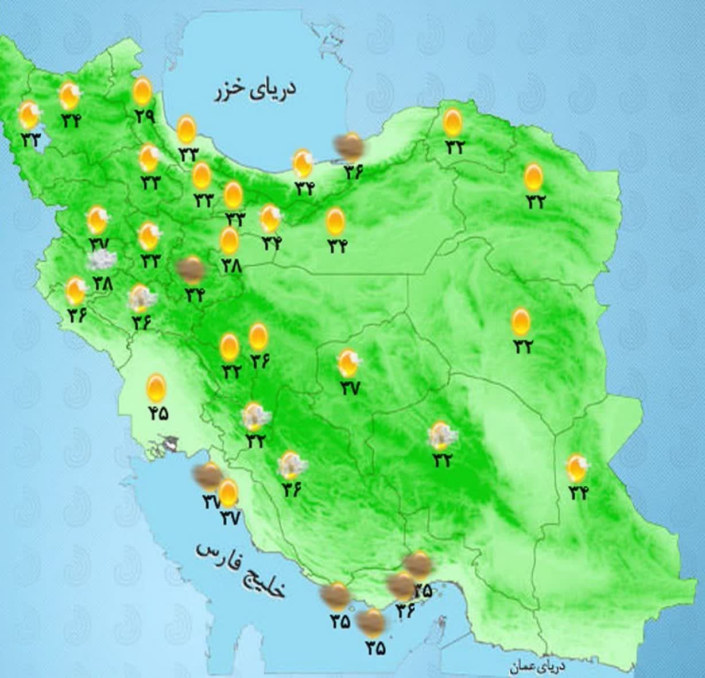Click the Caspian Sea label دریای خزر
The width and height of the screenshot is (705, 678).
(x=255, y=91)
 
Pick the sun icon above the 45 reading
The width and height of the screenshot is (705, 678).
(x=156, y=388)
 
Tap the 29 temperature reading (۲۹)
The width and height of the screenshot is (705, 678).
(x=145, y=115)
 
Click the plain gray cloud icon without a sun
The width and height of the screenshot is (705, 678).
(x=99, y=262)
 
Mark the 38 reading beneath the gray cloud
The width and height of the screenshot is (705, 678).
(x=104, y=283)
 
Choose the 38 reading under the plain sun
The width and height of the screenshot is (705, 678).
(x=231, y=266)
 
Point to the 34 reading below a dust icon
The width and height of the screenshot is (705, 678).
(x=195, y=295)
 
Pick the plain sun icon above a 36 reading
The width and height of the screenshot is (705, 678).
(x=258, y=337)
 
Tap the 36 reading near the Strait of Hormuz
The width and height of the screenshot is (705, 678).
(x=404, y=611)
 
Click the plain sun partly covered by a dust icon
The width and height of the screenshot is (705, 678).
(x=228, y=493)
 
